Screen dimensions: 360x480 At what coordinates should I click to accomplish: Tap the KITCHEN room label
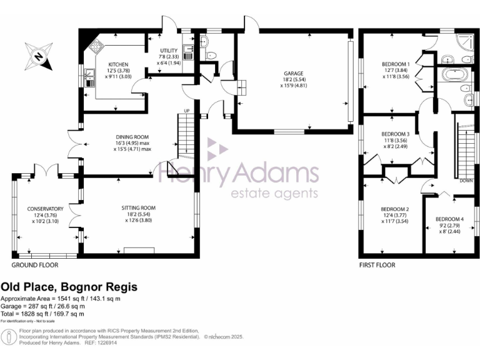(118, 64)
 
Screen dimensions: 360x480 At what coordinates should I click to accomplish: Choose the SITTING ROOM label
(139, 207)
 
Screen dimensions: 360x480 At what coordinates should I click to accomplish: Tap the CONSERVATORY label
(44, 209)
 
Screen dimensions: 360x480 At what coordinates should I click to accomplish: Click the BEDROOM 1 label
(395, 64)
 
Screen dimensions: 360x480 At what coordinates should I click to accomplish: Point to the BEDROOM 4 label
(449, 219)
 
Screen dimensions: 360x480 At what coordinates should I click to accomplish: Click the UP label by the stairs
(186, 111)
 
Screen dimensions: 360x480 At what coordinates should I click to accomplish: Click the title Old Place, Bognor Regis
(69, 286)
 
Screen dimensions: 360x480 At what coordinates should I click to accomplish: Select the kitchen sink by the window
(89, 77)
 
